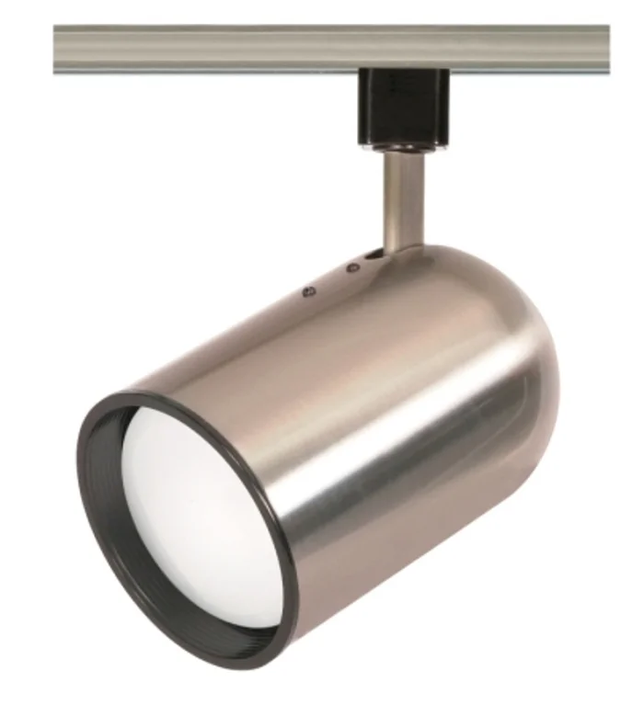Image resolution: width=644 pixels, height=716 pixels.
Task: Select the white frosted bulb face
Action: [x=189, y=515]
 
